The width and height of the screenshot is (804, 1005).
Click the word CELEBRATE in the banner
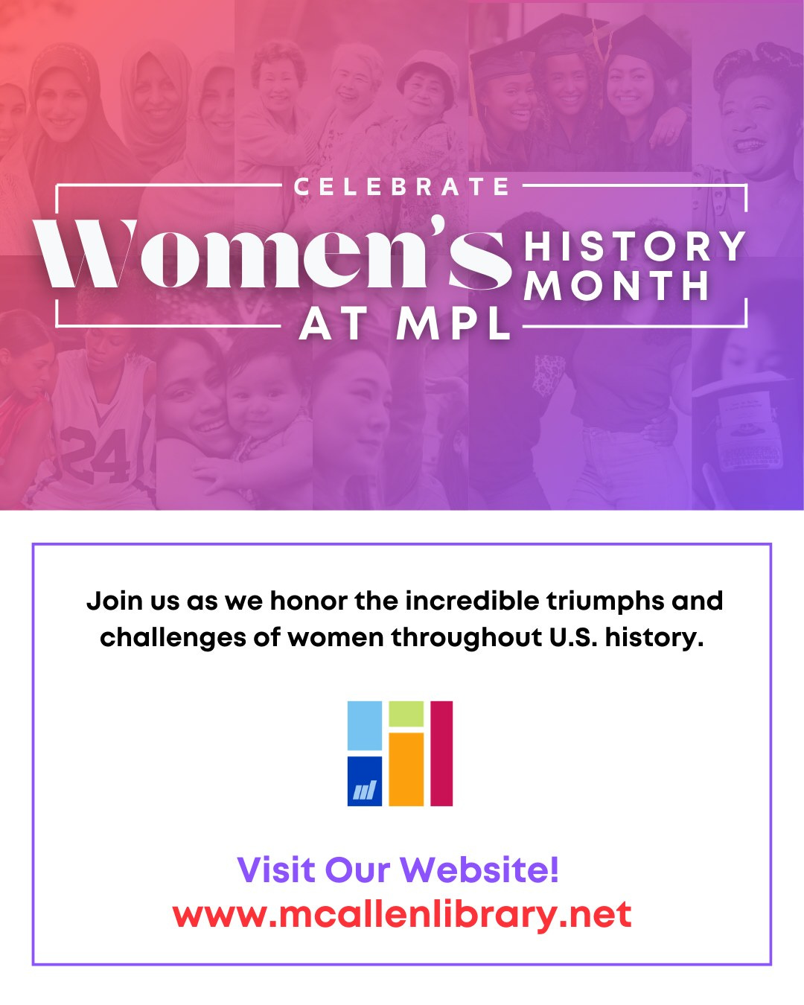tap(402, 186)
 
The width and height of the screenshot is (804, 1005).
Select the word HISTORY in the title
tap(634, 246)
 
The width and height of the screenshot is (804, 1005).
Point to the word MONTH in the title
tap(617, 287)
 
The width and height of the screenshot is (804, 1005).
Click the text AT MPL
tap(406, 325)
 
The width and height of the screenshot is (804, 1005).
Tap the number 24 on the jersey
tap(95, 455)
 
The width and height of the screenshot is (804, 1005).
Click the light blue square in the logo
tap(365, 725)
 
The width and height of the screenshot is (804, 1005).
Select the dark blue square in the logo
tap(365, 781)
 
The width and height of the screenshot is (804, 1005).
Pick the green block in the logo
tap(406, 714)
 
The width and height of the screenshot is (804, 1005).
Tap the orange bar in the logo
tap(406, 769)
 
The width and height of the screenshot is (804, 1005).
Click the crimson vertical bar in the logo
tap(441, 753)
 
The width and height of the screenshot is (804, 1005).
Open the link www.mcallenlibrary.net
tap(402, 914)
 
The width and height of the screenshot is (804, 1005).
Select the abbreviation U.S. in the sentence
tap(573, 637)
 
